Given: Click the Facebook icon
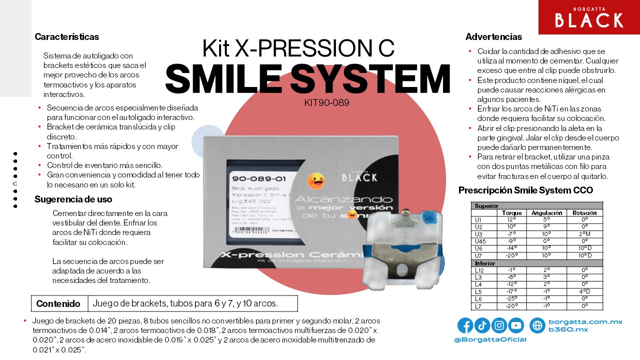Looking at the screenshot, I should [465, 325].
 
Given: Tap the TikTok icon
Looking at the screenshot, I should [482, 325].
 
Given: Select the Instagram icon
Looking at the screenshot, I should [499, 325].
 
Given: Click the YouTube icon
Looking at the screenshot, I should [516, 325].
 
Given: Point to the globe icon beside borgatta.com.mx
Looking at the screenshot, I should [537, 325].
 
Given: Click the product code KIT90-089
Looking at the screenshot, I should [326, 103].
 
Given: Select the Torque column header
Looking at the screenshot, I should [511, 212].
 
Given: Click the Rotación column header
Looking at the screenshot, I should [584, 212].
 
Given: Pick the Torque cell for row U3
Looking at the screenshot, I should [511, 234].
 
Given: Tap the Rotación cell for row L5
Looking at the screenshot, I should [584, 291].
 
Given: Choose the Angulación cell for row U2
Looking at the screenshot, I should [546, 227].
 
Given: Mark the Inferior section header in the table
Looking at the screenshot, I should [485, 263].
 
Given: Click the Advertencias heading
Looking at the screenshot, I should [493, 36].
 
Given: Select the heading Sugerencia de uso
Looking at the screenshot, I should [73, 199].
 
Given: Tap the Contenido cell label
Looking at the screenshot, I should [58, 303].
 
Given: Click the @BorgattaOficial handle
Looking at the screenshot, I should [490, 340].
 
